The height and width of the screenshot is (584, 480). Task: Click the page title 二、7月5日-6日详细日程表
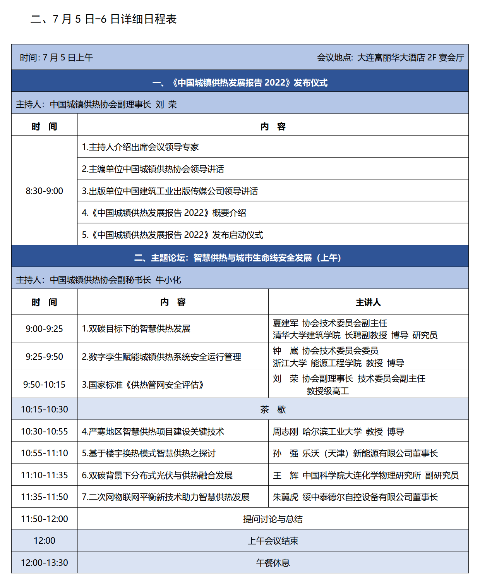[103, 19]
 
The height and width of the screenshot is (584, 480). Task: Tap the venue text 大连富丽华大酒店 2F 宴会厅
[410, 58]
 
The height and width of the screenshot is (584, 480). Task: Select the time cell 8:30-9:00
[44, 191]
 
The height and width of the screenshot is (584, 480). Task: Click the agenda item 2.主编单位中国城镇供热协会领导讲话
[153, 169]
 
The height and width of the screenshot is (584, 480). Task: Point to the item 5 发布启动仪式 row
[172, 235]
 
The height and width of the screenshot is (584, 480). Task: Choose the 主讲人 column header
[368, 302]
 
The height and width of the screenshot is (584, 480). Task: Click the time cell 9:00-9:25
[44, 329]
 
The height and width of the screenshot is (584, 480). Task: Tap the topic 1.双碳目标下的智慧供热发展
[136, 329]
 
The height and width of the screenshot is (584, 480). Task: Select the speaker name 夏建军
[285, 323]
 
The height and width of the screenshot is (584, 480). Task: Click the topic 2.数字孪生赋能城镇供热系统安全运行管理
[161, 357]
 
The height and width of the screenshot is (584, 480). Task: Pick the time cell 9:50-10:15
[44, 385]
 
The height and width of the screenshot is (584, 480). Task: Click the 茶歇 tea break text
[273, 409]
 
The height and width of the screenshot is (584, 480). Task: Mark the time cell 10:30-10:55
[44, 431]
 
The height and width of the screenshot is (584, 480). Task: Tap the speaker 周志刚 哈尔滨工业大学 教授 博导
[338, 431]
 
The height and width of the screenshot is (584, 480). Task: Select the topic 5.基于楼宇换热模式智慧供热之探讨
[149, 453]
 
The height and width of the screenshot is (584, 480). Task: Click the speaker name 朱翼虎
[285, 497]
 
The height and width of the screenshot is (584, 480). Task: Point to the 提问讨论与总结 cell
[273, 519]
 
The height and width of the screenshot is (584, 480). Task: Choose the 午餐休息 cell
[273, 563]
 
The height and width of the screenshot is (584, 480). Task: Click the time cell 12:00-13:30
[44, 563]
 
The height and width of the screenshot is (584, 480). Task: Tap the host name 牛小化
[168, 280]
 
